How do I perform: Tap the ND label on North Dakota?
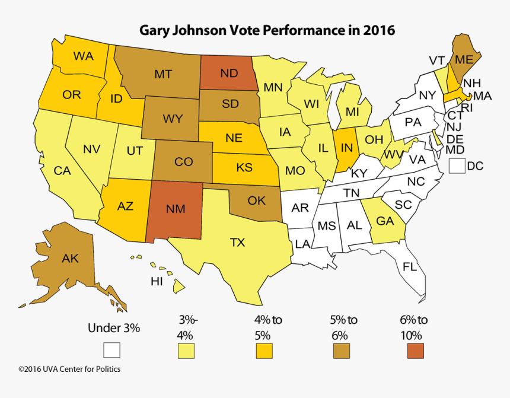click(x=230, y=74)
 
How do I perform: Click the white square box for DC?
click(x=456, y=166)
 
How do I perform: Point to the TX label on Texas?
click(x=237, y=242)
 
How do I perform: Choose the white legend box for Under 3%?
click(x=111, y=350)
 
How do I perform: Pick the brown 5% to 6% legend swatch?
click(x=341, y=351)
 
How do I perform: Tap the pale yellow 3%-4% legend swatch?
click(x=187, y=351)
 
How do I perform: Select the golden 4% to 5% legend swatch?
click(x=264, y=351)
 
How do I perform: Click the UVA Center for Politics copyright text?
click(x=69, y=369)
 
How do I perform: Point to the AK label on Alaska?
click(x=71, y=258)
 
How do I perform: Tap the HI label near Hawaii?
click(x=157, y=282)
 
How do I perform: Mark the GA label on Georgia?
click(x=385, y=221)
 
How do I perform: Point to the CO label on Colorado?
click(x=184, y=161)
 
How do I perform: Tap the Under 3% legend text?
click(x=114, y=328)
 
